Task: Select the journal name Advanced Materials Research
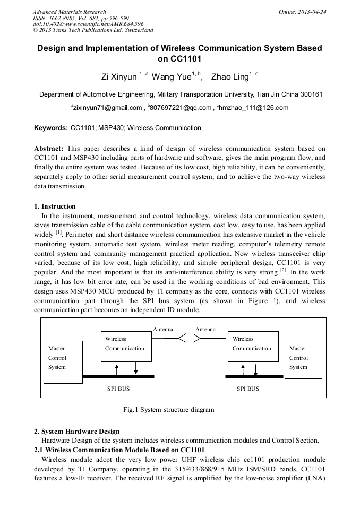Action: tap(70, 12)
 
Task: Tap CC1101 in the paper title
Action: tap(179, 59)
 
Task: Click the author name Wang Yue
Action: tap(172, 77)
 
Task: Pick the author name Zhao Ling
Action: tap(229, 77)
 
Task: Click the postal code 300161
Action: tap(310, 94)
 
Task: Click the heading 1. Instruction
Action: tap(55, 206)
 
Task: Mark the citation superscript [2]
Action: tap(283, 271)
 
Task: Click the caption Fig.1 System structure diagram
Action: tap(169, 410)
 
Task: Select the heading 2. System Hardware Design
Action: tap(76, 431)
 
